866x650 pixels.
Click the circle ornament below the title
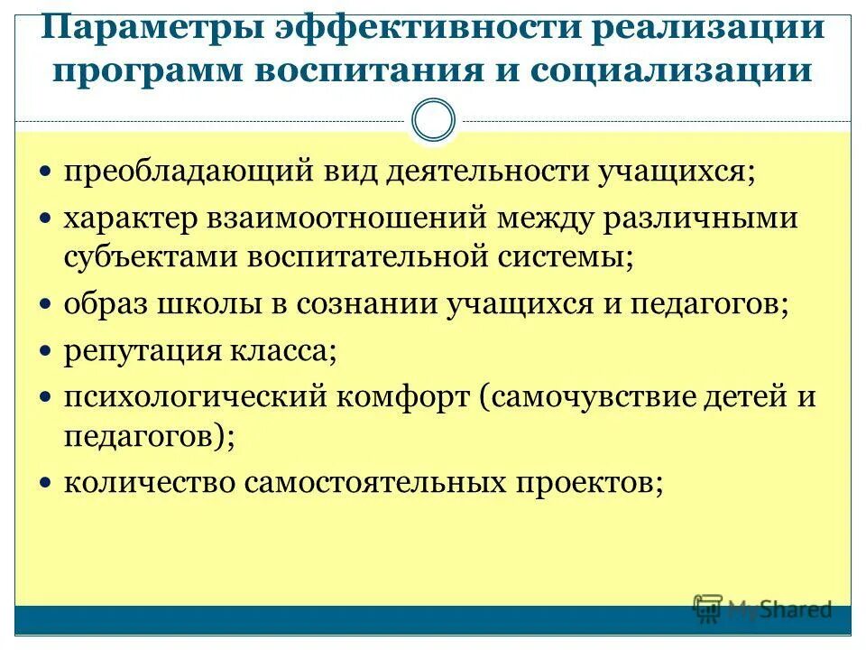(433, 121)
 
